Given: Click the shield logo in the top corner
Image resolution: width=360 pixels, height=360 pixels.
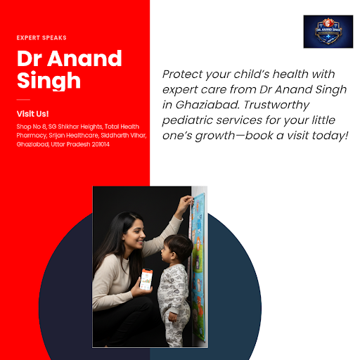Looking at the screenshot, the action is tap(328, 32).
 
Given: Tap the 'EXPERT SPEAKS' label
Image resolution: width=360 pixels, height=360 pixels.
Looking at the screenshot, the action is tap(41, 38).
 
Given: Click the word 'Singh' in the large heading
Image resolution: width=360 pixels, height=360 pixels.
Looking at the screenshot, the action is tap(49, 80).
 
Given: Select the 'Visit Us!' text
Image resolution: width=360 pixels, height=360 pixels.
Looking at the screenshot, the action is tap(32, 114).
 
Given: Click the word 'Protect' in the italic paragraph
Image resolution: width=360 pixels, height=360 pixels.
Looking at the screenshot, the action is tap(183, 75).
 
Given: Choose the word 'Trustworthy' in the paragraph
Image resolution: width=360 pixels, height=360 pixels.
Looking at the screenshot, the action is tap(276, 105).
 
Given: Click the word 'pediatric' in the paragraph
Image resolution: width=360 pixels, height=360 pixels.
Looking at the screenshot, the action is tap(187, 120).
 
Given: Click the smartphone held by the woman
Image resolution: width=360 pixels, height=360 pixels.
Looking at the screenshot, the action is tap(146, 279).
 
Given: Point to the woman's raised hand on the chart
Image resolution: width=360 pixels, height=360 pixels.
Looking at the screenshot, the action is tap(186, 202).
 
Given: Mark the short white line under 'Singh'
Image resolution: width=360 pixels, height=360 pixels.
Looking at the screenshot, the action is tap(23, 100).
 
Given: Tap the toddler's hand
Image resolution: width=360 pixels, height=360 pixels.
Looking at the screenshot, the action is tap(173, 317).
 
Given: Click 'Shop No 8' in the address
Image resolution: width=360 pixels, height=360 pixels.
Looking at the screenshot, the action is tap(32, 127).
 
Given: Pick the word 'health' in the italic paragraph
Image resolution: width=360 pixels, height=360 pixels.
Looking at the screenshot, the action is tap(290, 75).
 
